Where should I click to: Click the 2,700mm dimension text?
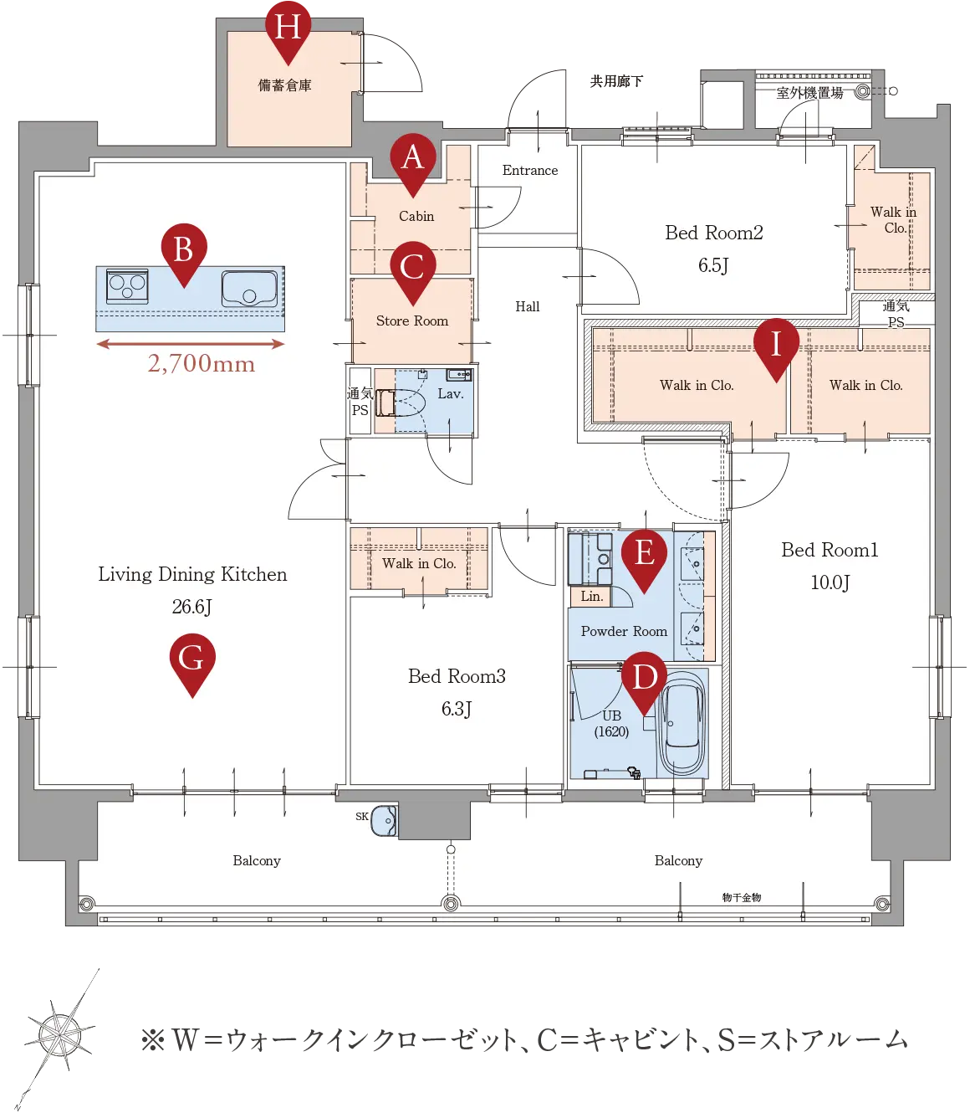(x=202, y=363)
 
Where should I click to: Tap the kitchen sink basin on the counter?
(x=249, y=289)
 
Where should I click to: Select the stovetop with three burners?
(x=127, y=286)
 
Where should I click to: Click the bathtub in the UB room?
(x=682, y=723)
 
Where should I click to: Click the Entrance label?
(x=530, y=170)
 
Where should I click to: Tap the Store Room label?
(x=412, y=321)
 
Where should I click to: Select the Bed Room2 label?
(x=713, y=233)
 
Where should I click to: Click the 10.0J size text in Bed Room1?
(x=830, y=582)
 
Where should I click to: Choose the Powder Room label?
(x=624, y=631)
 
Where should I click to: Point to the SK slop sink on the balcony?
(x=384, y=820)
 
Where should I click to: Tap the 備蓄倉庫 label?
(x=285, y=85)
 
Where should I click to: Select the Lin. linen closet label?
(x=591, y=596)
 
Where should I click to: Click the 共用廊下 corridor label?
(x=616, y=82)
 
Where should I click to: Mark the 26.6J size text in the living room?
(x=191, y=607)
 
